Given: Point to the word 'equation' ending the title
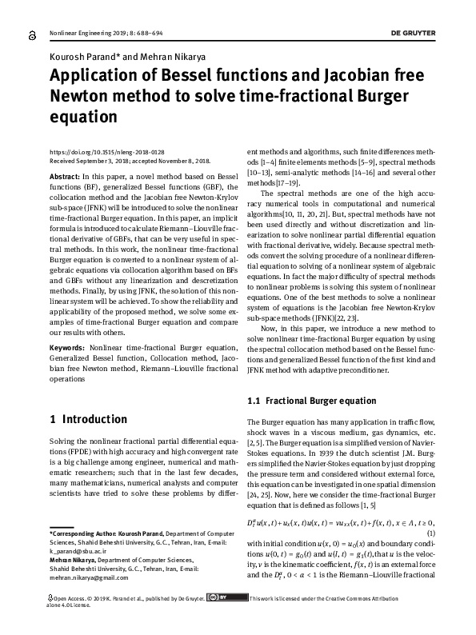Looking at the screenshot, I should tap(84, 117).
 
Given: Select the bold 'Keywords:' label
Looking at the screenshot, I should tap(67, 349).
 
